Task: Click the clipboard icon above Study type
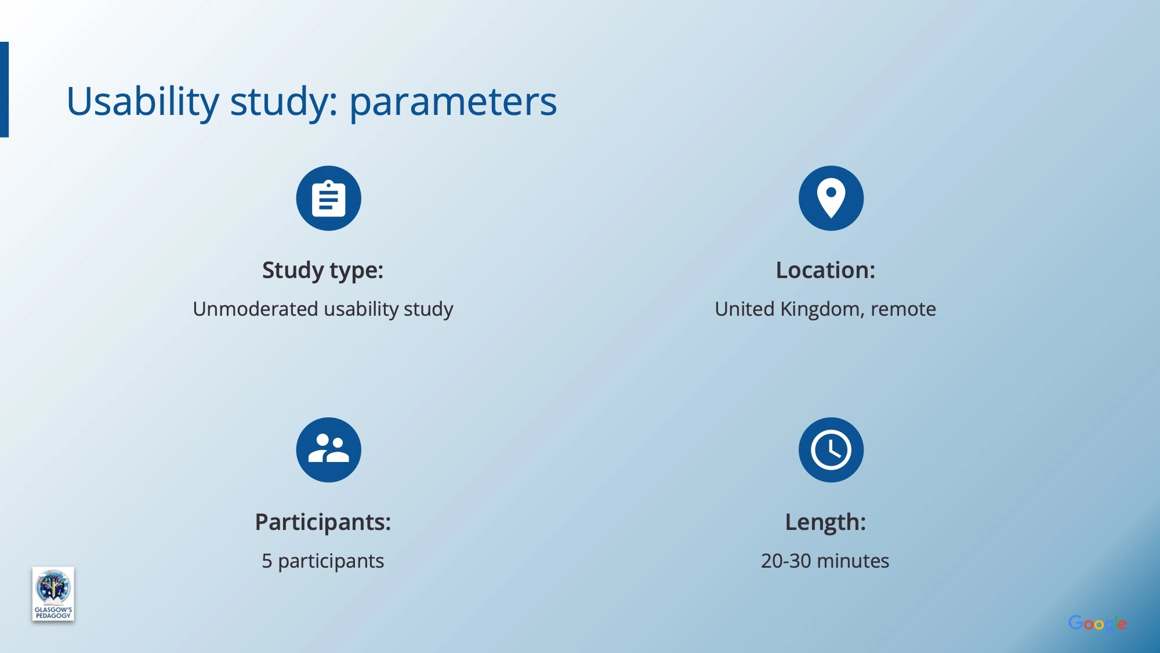pos(328,199)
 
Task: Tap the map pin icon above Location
pos(831,199)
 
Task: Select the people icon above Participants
pos(328,450)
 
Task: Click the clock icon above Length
pos(831,450)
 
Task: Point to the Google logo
pos(1097,624)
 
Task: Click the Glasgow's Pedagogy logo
pos(53,594)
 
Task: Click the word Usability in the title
pos(143,102)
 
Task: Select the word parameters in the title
pos(453,103)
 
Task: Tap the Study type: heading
pos(322,270)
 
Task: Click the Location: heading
pos(825,270)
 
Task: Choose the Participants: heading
pos(323,522)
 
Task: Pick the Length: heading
pos(825,522)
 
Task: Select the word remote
pos(903,309)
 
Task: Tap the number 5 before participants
pos(267,561)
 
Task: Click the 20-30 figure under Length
pos(786,561)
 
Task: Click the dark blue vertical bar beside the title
pos(4,89)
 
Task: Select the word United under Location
pos(744,309)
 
